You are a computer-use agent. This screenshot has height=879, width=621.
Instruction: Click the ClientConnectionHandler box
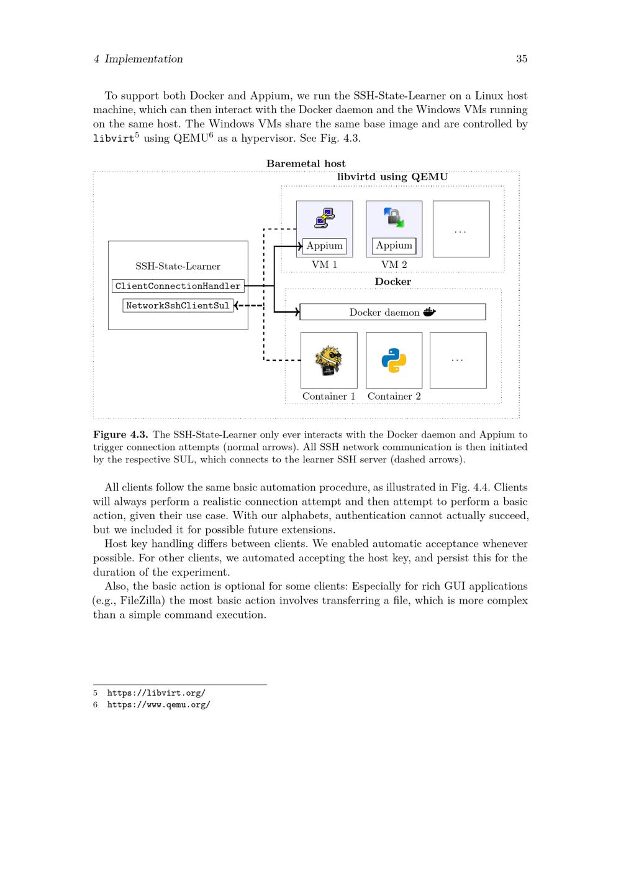[x=178, y=286]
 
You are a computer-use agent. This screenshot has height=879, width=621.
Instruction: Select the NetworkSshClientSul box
[x=178, y=305]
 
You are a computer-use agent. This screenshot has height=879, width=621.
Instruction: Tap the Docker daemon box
[x=392, y=312]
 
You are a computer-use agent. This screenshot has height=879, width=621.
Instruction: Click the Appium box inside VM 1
[x=324, y=246]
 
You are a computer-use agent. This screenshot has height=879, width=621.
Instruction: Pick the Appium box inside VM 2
[x=394, y=246]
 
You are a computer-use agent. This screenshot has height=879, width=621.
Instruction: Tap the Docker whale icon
[x=430, y=311]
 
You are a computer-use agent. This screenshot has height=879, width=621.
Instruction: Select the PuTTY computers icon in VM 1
[x=325, y=218]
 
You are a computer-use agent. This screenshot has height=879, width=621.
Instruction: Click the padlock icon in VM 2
[x=394, y=218]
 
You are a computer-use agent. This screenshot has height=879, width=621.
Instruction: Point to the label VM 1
[x=324, y=265]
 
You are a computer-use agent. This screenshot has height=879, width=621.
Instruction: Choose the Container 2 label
[x=394, y=397]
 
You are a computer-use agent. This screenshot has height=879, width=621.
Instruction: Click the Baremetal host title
[x=306, y=163]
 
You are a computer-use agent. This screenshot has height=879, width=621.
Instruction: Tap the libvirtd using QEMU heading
[x=392, y=177]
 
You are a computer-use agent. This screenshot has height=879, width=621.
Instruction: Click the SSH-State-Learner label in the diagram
[x=178, y=266]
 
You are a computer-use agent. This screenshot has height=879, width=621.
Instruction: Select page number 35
[x=522, y=59]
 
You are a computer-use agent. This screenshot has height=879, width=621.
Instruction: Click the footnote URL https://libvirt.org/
[x=156, y=693]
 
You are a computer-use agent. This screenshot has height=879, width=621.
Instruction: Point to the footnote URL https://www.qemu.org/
[x=158, y=704]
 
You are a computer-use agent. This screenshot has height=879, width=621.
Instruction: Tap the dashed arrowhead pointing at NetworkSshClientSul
[x=237, y=305]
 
